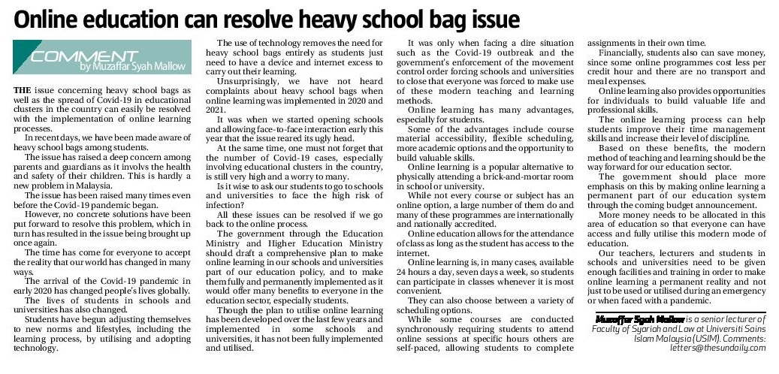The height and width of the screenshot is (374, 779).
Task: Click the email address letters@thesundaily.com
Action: pos(720,348)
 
